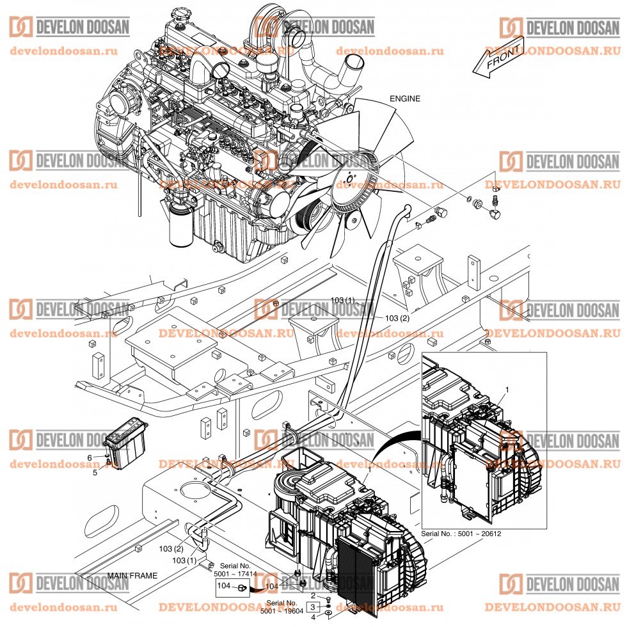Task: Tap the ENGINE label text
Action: point(406,99)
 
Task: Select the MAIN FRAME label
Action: point(132,576)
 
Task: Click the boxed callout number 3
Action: point(312,607)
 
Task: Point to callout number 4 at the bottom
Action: point(313,617)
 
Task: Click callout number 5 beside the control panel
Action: point(95,473)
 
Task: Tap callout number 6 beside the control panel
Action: point(90,456)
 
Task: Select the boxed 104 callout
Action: point(224,585)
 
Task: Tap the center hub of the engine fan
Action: point(349,179)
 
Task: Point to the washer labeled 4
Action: point(328,613)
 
